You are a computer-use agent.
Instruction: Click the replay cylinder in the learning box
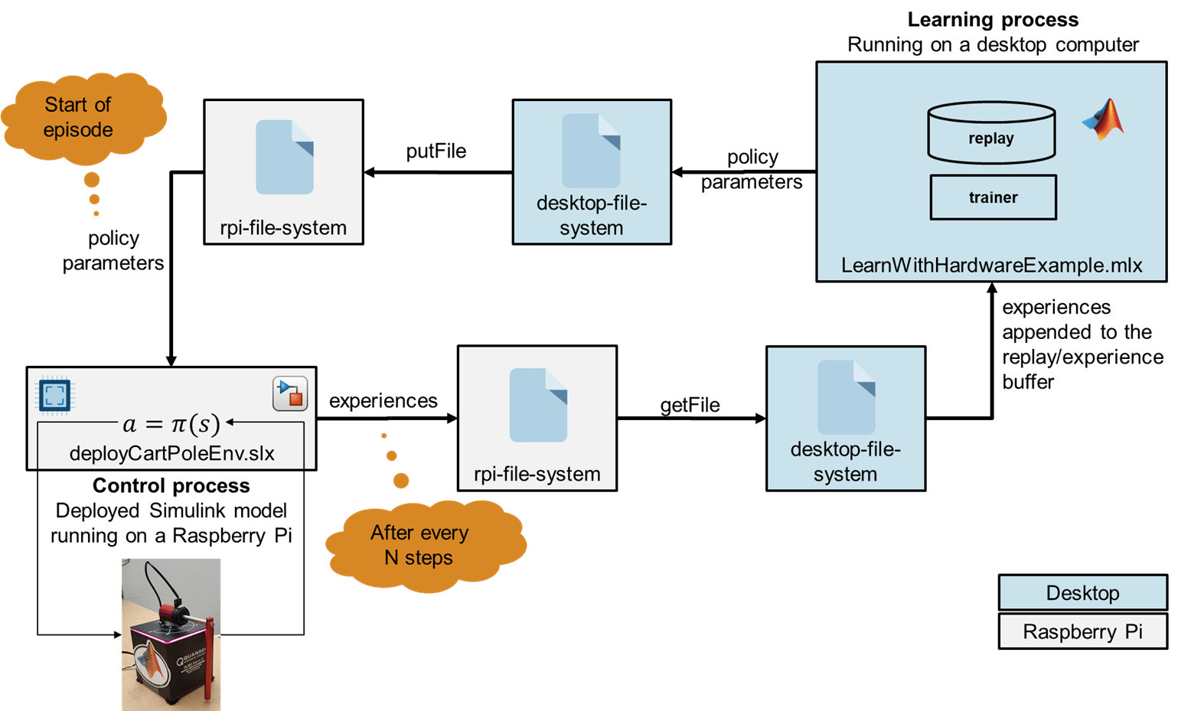(991, 133)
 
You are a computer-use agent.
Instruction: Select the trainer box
(993, 197)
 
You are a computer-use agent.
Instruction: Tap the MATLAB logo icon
(1104, 120)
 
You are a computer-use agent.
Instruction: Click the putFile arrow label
(436, 152)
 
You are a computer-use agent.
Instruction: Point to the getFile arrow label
(690, 406)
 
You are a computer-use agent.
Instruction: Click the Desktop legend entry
(1082, 593)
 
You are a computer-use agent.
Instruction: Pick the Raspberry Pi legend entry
(1082, 631)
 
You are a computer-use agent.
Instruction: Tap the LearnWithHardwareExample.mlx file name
(991, 266)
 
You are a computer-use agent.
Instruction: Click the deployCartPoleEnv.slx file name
(171, 453)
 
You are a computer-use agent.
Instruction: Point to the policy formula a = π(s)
(171, 423)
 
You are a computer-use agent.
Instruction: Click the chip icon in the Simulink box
(54, 395)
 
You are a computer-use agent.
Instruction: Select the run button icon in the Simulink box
(290, 393)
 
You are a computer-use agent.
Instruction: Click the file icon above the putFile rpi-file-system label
(284, 157)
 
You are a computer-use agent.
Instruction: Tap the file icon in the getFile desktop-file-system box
(846, 397)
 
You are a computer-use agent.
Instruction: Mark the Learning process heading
(993, 20)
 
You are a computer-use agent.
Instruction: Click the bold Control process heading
(171, 486)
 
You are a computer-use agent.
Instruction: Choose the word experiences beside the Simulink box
(383, 401)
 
